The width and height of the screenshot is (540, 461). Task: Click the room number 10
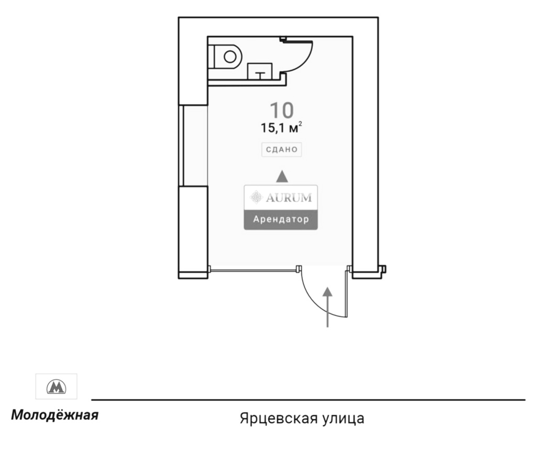tap(282, 110)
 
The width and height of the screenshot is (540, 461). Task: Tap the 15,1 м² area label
tap(281, 127)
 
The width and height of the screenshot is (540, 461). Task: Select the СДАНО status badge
tap(282, 149)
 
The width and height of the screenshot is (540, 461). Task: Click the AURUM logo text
tap(289, 198)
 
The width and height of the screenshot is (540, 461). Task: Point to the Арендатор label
tap(281, 219)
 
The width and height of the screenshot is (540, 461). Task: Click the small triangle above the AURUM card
tap(282, 176)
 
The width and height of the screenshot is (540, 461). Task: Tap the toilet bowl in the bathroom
tap(229, 57)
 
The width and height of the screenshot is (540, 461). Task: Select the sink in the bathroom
tap(260, 71)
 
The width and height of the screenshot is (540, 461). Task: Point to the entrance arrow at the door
tap(327, 307)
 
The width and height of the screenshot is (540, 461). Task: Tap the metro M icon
tap(56, 387)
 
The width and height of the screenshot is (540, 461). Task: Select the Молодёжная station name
tap(55, 415)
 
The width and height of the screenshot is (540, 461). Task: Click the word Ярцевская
tap(279, 419)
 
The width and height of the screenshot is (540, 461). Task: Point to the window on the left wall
tap(181, 146)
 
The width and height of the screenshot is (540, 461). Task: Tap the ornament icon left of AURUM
tap(256, 197)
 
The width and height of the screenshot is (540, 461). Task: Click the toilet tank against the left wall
tap(212, 57)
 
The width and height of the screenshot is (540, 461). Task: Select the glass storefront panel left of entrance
tap(254, 270)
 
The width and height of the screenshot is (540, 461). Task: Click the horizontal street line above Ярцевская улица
tap(308, 400)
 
